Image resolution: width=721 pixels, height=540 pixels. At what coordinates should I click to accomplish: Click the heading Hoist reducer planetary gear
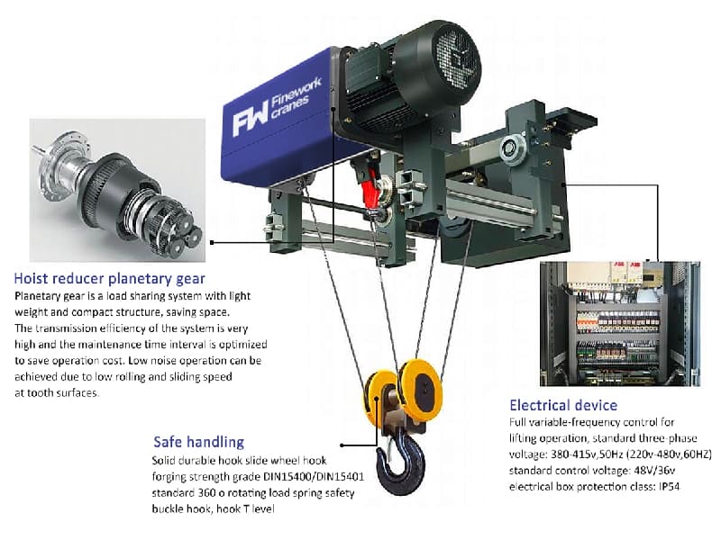pyautogui.click(x=110, y=278)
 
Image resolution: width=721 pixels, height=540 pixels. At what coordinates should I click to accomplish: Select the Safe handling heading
pyautogui.click(x=198, y=442)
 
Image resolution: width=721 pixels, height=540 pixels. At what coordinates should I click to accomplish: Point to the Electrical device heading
pyautogui.click(x=563, y=405)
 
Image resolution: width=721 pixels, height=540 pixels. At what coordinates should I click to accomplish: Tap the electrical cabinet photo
pyautogui.click(x=619, y=323)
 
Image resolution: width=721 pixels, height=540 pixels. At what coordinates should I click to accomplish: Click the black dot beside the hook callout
pyautogui.click(x=342, y=443)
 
